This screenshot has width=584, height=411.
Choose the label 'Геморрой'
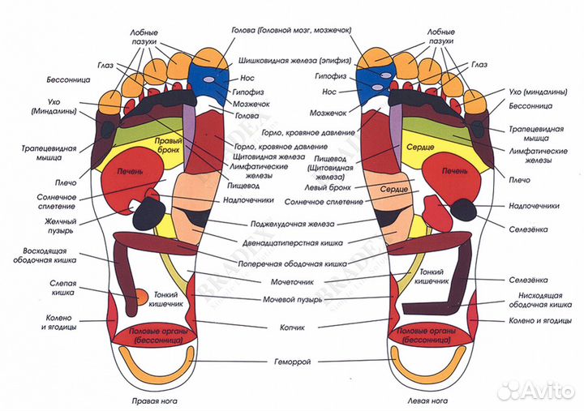coord(291,361)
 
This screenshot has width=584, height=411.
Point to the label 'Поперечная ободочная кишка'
coord(291,261)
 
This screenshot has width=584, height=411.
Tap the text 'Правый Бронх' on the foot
coord(166,145)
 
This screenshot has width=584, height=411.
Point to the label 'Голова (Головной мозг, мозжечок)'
coord(291,30)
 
